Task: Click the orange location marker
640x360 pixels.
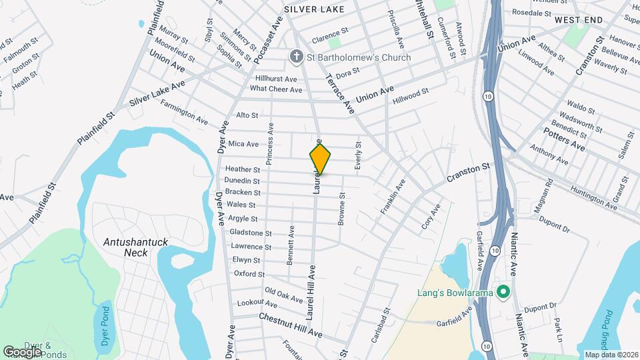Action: pyautogui.click(x=320, y=159)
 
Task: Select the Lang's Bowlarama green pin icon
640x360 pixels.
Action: pyautogui.click(x=503, y=292)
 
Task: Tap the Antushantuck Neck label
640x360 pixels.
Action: pyautogui.click(x=135, y=247)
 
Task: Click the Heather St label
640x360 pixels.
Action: pyautogui.click(x=242, y=169)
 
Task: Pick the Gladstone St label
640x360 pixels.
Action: pyautogui.click(x=251, y=233)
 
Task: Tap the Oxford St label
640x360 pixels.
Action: pyautogui.click(x=249, y=274)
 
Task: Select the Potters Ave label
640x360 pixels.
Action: pyautogui.click(x=563, y=138)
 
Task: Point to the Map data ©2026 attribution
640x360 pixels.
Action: pyautogui.click(x=611, y=355)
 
